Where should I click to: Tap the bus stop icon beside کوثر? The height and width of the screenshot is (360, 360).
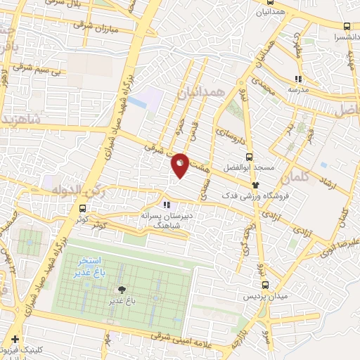pyautogui.click(x=83, y=209)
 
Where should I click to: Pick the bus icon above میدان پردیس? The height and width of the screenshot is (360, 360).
pyautogui.click(x=265, y=285)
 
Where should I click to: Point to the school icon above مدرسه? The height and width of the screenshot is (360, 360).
pyautogui.click(x=297, y=79)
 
